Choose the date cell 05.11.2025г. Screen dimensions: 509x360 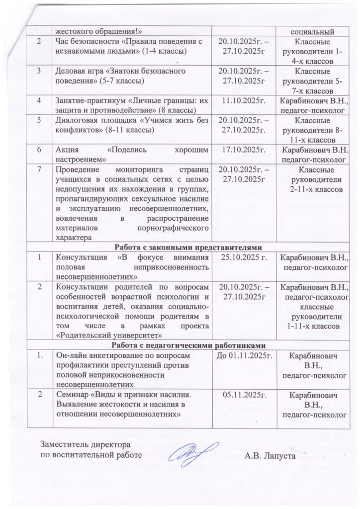click(244, 395)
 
